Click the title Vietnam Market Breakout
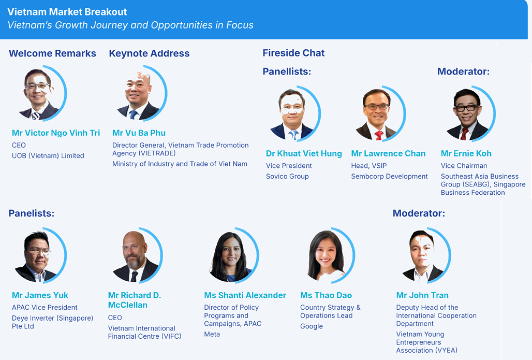pos(67,12)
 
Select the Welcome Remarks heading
pos(53,53)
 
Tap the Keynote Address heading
pos(149,53)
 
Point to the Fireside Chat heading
pos(293,53)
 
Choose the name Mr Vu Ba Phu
pos(139,133)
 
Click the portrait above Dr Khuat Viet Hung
pos(294,114)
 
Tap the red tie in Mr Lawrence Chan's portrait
pos(379,136)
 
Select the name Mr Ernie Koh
pos(466,153)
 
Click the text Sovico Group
pos(287,176)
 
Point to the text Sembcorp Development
pos(390,176)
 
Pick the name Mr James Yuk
pos(40,295)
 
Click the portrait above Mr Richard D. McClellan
pos(137,255)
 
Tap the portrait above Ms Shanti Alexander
pos(233,255)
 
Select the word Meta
pos(212,334)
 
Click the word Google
pos(312,326)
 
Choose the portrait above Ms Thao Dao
pos(329,255)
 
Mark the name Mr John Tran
pos(422,295)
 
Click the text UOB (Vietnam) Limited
pos(48,155)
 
